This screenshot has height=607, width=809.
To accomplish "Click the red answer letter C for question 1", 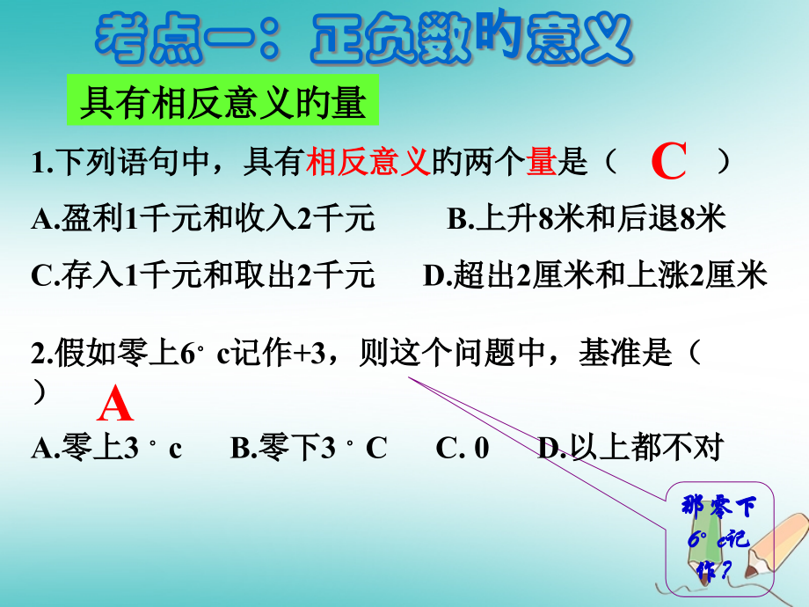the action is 668,161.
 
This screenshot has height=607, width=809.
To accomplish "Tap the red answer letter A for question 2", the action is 115,404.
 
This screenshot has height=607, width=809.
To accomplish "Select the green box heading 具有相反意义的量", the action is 222,100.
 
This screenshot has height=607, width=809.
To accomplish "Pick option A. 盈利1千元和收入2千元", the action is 203,218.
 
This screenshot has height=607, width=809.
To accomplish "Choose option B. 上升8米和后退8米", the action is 587,218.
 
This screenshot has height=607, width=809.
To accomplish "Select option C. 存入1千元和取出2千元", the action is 203,274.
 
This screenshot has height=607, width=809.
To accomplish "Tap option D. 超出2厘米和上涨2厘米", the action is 595,274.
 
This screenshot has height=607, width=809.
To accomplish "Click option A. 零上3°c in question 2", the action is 106,447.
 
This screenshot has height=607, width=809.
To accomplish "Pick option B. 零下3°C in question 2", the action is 309,447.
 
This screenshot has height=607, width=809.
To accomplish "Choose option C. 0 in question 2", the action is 463,448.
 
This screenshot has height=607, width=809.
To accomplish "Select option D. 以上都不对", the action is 630,447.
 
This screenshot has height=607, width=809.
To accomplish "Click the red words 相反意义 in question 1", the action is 368,162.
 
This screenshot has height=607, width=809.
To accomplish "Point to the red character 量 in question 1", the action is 542,162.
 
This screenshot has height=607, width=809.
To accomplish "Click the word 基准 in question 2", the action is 609,353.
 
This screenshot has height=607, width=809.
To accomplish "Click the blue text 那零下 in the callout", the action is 718,506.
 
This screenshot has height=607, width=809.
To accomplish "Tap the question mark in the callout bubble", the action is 726,570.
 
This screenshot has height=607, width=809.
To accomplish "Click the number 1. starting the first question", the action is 42,163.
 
